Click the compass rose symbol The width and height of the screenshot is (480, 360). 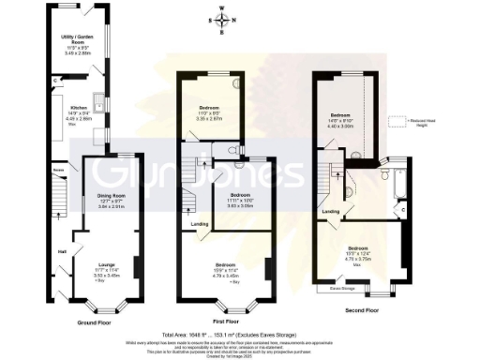(221, 20)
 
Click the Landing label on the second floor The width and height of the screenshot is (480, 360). (331, 212)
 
